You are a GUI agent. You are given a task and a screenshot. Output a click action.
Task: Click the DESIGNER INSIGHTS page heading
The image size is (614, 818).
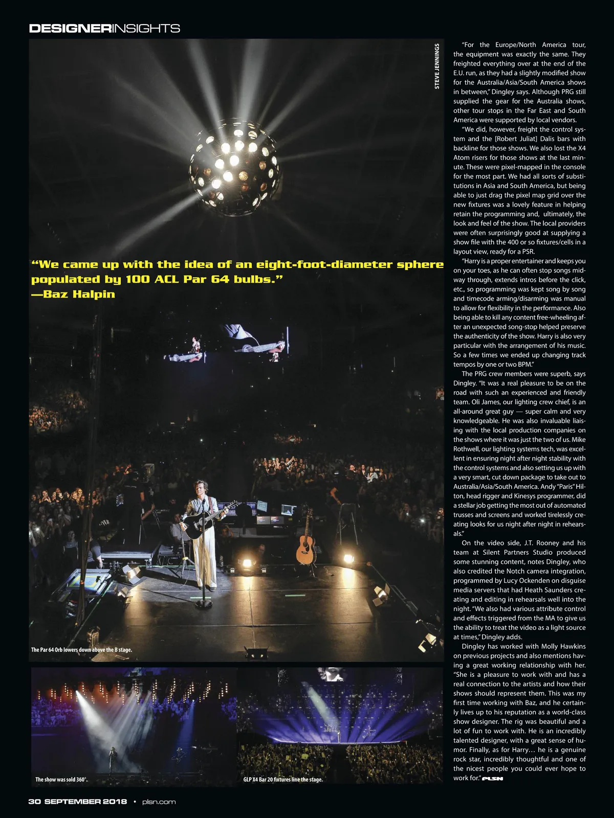click(x=104, y=28)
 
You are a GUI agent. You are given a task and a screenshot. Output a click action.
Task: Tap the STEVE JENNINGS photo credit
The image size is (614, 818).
click(x=436, y=66)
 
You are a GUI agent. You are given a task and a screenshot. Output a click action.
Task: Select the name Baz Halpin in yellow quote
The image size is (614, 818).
click(x=79, y=294)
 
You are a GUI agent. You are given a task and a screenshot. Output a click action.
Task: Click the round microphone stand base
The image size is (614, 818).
click(x=203, y=604)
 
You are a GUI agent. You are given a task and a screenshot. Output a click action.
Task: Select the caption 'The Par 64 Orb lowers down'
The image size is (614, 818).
click(x=81, y=650)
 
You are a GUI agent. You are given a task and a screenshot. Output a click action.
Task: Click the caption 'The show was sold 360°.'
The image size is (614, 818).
click(x=61, y=780)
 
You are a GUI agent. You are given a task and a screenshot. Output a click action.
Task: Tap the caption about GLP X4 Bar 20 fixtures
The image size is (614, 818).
click(x=283, y=780)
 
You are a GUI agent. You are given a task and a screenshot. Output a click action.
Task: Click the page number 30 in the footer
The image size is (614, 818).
click(x=34, y=802)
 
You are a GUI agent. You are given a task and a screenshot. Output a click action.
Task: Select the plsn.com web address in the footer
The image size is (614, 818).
click(x=159, y=802)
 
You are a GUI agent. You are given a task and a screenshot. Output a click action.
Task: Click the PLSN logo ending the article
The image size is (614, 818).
click(x=493, y=779)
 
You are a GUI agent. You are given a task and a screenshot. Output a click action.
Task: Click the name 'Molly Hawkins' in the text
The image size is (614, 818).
click(x=563, y=646)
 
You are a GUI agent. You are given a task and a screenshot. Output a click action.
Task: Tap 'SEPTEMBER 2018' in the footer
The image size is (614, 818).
click(x=85, y=802)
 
